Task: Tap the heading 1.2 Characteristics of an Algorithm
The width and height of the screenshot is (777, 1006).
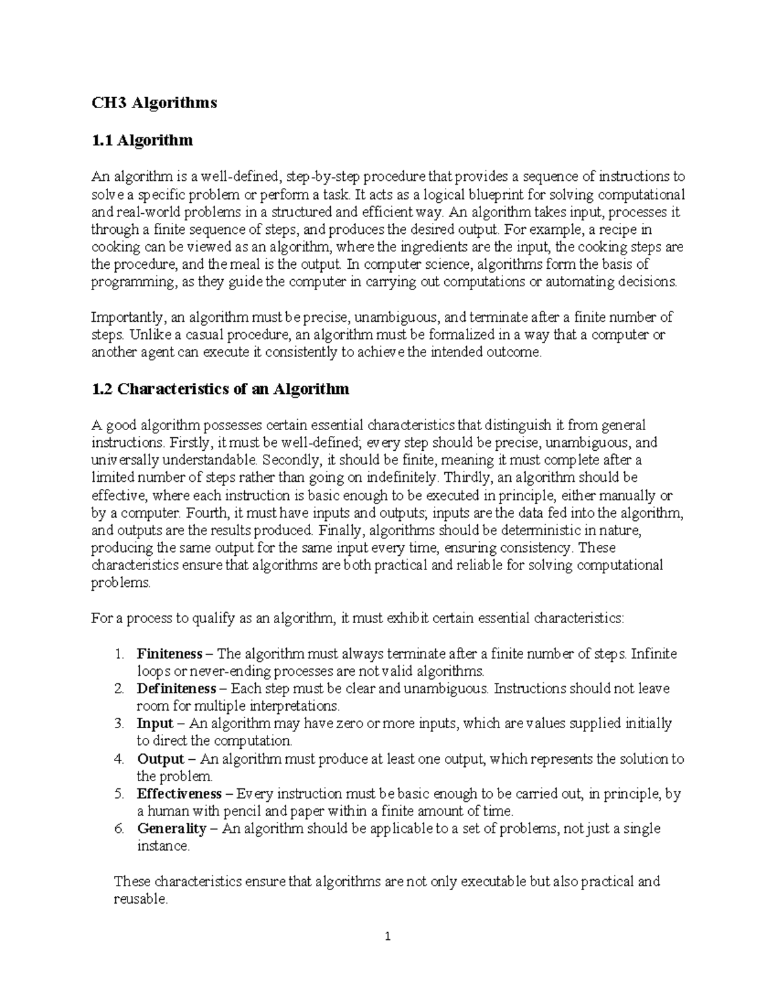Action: coord(220,389)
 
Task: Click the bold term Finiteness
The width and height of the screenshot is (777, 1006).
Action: coord(170,654)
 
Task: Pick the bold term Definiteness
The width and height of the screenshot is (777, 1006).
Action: coord(177,688)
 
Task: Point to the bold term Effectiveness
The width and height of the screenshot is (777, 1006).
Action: coord(179,794)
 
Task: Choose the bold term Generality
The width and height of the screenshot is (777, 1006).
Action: coord(172,829)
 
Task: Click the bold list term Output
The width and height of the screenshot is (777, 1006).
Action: coord(161,759)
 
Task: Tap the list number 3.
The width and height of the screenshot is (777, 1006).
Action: coord(118,724)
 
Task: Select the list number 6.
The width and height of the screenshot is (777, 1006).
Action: coord(118,829)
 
